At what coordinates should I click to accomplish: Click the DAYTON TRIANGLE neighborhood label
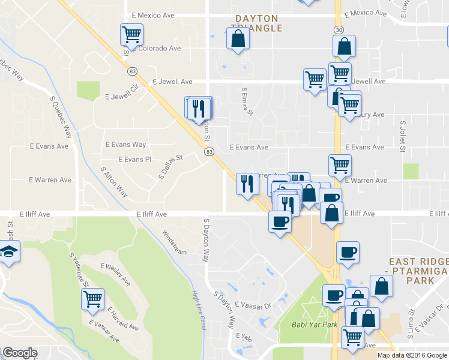[x=257, y=23]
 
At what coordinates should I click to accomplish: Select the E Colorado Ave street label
[x=157, y=49]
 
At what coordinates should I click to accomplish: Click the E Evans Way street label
[x=125, y=145]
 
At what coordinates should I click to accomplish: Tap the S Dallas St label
[x=170, y=167]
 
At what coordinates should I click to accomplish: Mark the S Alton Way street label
[x=114, y=182]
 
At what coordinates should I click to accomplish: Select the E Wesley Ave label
[x=115, y=274]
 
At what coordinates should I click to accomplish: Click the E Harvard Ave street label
[x=123, y=319]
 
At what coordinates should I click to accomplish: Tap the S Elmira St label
[x=247, y=103]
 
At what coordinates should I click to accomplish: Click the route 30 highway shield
[x=339, y=29]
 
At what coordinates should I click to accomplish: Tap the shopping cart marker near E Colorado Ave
[x=131, y=34]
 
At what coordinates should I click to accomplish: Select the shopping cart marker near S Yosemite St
[x=92, y=298]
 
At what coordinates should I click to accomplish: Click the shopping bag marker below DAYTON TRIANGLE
[x=238, y=39]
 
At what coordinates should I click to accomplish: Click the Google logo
[x=20, y=353]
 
